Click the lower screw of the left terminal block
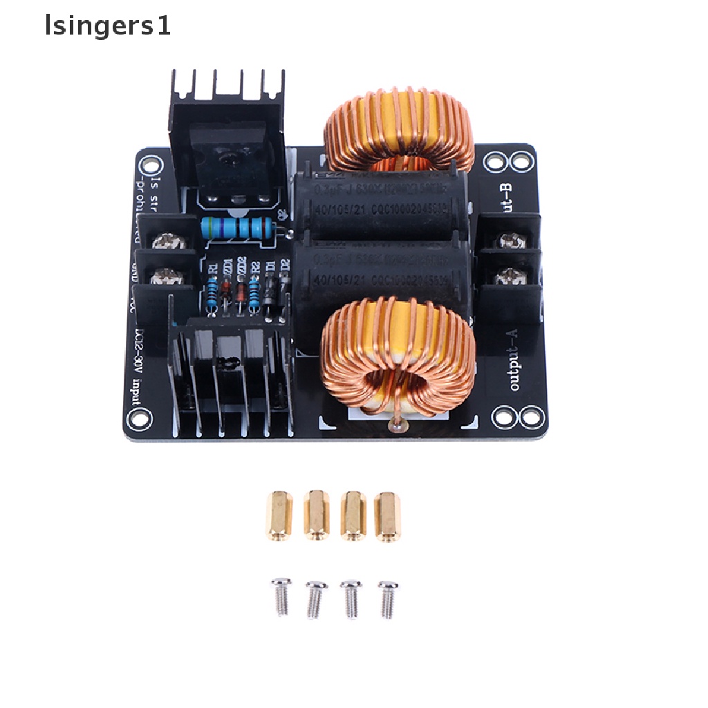tap(166, 277)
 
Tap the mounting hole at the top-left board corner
tap(148, 165)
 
